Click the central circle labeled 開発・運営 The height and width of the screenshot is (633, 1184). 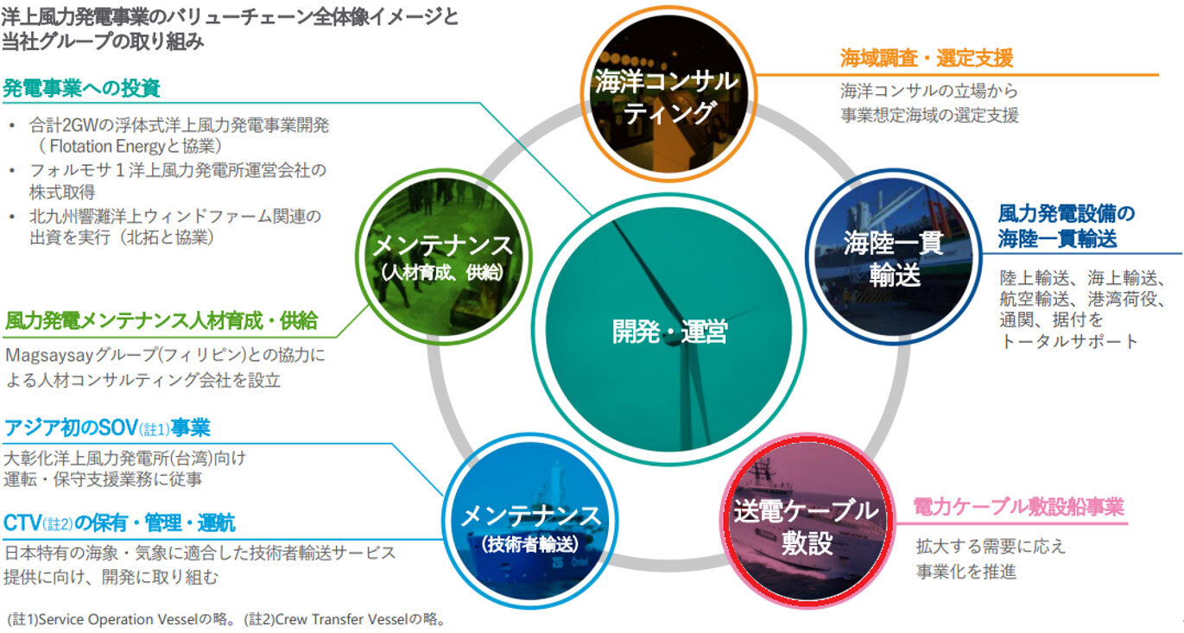(x=668, y=330)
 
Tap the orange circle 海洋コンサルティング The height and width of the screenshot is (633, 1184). (x=668, y=93)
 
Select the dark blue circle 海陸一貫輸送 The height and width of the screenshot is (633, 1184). (x=894, y=256)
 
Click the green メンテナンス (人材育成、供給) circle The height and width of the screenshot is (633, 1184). (x=444, y=256)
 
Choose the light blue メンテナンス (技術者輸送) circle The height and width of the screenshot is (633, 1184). (x=530, y=521)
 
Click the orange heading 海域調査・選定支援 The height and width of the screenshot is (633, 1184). (x=927, y=58)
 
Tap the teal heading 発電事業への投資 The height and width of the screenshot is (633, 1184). (x=81, y=88)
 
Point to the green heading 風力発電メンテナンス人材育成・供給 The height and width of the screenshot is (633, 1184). (x=161, y=320)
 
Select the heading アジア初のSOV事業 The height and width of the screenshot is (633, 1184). (x=107, y=428)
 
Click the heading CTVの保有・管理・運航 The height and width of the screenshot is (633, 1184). (x=119, y=523)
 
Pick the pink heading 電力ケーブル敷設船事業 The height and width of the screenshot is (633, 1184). (x=1018, y=507)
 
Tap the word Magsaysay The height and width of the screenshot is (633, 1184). (x=49, y=356)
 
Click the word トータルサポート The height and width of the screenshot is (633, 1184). (x=1068, y=342)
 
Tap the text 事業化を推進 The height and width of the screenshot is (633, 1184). (x=966, y=573)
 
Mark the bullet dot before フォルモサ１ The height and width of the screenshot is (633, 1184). (x=12, y=171)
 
